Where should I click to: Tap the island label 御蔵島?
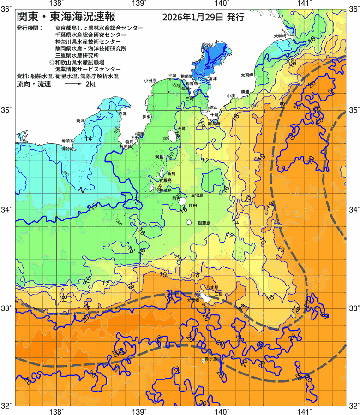coord(204,223)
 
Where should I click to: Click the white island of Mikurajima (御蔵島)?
coord(190,222)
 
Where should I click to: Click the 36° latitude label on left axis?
coord(7,8)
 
